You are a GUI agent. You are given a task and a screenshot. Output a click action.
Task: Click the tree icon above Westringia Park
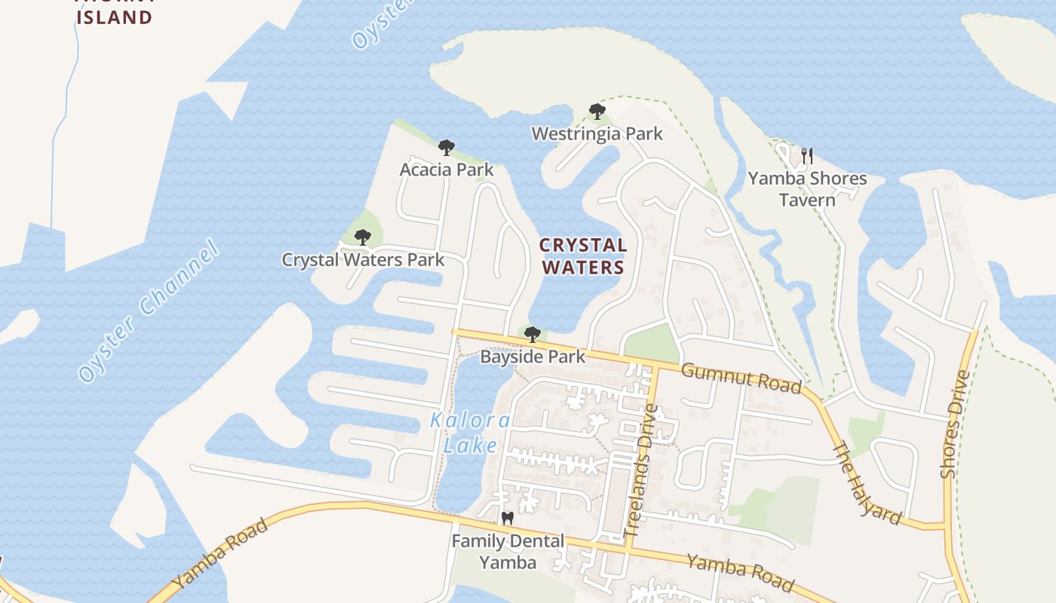597,112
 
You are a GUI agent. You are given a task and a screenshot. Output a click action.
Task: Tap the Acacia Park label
447,170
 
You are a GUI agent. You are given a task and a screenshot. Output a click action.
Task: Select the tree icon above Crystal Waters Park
363,237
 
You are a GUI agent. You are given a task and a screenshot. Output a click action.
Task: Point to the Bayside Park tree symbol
533,334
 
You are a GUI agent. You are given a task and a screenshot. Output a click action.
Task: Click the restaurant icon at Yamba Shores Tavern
807,156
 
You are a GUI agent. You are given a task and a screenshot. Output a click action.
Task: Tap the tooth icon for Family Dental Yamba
507,519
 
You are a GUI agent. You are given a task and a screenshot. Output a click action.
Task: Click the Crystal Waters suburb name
583,256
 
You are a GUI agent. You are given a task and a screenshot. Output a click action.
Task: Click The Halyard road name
866,483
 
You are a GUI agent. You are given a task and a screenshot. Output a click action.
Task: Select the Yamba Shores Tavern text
807,189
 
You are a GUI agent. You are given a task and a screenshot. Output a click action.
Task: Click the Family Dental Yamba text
508,552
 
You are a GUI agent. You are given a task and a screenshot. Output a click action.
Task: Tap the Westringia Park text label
597,134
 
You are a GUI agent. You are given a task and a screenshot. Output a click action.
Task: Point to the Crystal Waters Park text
363,260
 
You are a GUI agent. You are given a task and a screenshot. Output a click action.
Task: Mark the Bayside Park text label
533,357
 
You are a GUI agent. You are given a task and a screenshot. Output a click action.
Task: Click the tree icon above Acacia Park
447,147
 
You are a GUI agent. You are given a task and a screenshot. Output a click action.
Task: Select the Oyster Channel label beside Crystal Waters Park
148,311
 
